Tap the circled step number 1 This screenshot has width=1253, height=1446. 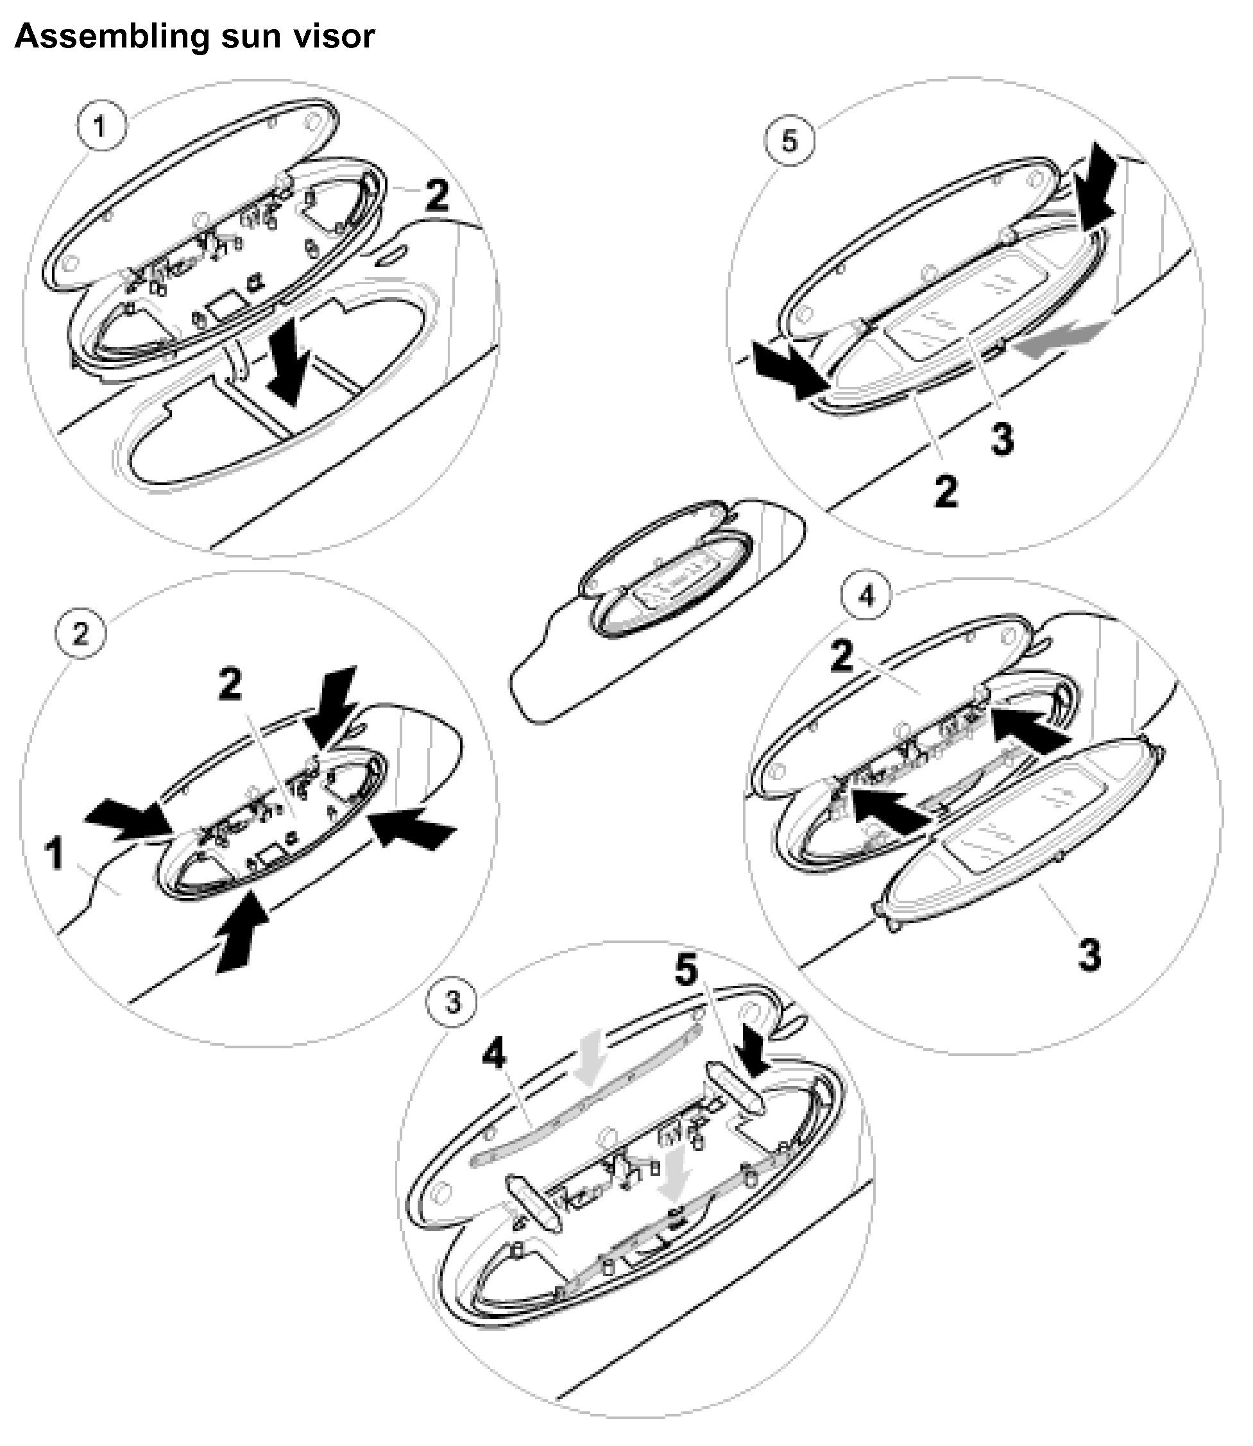coord(101,127)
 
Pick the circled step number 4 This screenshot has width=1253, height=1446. coord(866,597)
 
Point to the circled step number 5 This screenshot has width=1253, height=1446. coord(788,142)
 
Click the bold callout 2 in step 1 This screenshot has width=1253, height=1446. coord(437,196)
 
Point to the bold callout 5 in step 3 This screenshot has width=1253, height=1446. coord(686,971)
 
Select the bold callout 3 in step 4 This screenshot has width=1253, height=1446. coord(1089,955)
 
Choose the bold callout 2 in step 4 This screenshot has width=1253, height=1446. coord(842,658)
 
